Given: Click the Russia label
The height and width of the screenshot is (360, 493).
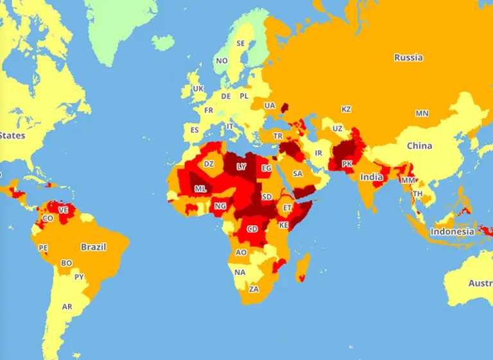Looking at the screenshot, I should click(408, 58).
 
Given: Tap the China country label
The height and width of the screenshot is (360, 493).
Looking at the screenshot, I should click(419, 146).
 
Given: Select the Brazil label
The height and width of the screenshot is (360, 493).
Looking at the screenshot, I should click(93, 246).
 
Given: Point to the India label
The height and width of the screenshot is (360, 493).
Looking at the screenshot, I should click(371, 177).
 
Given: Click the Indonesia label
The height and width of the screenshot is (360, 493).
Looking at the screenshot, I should click(452, 232).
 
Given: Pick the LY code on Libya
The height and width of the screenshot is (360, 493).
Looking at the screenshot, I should click(241, 166).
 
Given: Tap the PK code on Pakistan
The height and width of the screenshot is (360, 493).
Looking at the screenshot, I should click(347, 164).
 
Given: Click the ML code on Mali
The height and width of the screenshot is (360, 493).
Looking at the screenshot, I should click(200, 189).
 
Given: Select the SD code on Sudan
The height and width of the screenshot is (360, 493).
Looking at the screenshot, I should click(267, 196).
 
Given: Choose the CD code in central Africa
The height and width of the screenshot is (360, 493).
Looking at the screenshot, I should click(253, 228).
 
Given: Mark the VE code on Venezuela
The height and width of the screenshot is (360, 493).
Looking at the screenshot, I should click(63, 210).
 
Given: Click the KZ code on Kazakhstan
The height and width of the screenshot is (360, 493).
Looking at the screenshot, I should click(346, 109).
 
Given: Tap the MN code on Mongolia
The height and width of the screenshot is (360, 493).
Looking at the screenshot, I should click(421, 113).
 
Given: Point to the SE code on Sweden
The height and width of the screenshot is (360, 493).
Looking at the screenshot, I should click(241, 44).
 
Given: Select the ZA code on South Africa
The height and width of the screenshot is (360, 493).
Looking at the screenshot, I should click(254, 289).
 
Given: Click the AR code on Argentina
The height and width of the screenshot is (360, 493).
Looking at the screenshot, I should click(67, 307).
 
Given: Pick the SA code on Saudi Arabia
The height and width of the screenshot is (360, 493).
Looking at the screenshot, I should click(298, 173).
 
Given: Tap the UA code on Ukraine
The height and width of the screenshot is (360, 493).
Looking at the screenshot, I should click(270, 105).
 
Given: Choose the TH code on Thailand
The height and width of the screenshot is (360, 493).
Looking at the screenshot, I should click(418, 193).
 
